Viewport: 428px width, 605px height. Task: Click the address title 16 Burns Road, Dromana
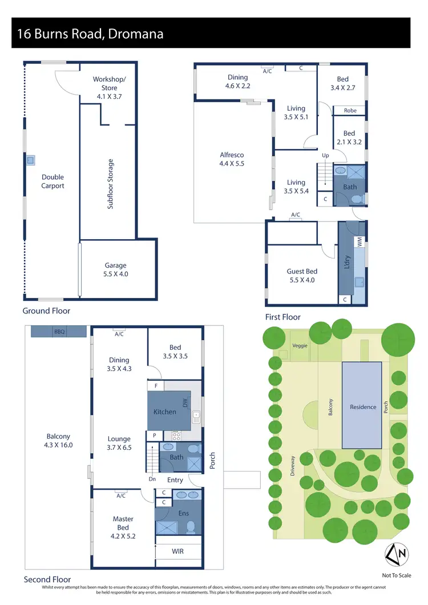coord(90,34)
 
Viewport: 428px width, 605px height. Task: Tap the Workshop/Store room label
coord(109,88)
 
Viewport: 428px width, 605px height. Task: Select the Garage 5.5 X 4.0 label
coord(115,269)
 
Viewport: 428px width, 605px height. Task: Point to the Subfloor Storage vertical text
coord(110,184)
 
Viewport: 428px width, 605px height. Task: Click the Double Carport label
coord(53,181)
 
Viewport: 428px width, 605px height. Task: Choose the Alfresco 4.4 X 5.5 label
coord(232,159)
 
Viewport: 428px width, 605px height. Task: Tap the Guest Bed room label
coord(302,276)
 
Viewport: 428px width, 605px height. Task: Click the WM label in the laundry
coord(360,243)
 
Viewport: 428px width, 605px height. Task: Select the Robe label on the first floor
coord(350,111)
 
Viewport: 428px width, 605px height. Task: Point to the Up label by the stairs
coord(325,155)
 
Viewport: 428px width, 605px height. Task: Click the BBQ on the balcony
coord(59,331)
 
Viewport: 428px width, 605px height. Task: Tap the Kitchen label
coord(165,412)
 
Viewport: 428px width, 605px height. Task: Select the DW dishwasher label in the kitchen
coord(185,404)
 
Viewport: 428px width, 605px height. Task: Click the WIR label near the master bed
coord(178,552)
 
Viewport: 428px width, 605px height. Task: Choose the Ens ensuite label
coord(184,514)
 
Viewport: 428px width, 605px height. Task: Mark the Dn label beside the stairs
coord(152,479)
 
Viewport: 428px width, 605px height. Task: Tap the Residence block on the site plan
coord(363,407)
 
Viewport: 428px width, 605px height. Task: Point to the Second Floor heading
coord(47,579)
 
